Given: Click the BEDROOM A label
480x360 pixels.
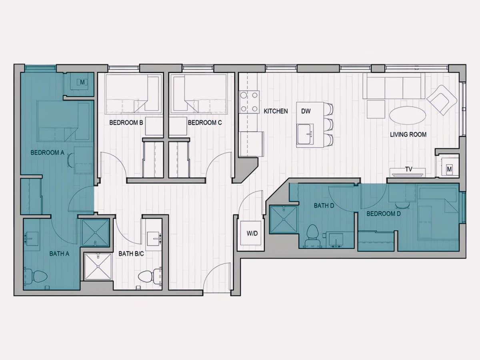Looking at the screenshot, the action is (x=48, y=152).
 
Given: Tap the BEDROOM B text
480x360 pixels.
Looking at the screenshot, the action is (x=126, y=123).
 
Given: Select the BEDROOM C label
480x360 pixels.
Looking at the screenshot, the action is (x=205, y=123).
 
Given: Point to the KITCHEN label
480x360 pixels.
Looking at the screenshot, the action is (x=276, y=111).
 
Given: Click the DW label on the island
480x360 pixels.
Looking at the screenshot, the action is (x=306, y=111).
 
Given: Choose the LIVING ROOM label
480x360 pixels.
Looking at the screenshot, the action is (x=408, y=134).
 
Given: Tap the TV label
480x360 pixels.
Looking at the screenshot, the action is (x=409, y=169).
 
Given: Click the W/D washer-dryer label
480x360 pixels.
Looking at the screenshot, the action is (x=252, y=234).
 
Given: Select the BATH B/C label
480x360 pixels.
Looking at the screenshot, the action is (x=131, y=254).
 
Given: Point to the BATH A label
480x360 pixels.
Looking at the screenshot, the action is (x=59, y=254).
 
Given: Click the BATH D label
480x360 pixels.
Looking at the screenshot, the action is (x=324, y=206).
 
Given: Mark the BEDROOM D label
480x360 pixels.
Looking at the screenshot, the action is (x=384, y=214).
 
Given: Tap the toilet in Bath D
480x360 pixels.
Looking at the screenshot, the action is (x=313, y=236).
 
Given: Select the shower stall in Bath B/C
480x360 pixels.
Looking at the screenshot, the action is (x=98, y=267).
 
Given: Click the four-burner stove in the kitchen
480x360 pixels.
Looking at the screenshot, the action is (x=249, y=102).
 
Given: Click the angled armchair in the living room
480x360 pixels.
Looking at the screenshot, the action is (x=442, y=100).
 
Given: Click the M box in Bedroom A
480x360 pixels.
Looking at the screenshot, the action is (x=82, y=82).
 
